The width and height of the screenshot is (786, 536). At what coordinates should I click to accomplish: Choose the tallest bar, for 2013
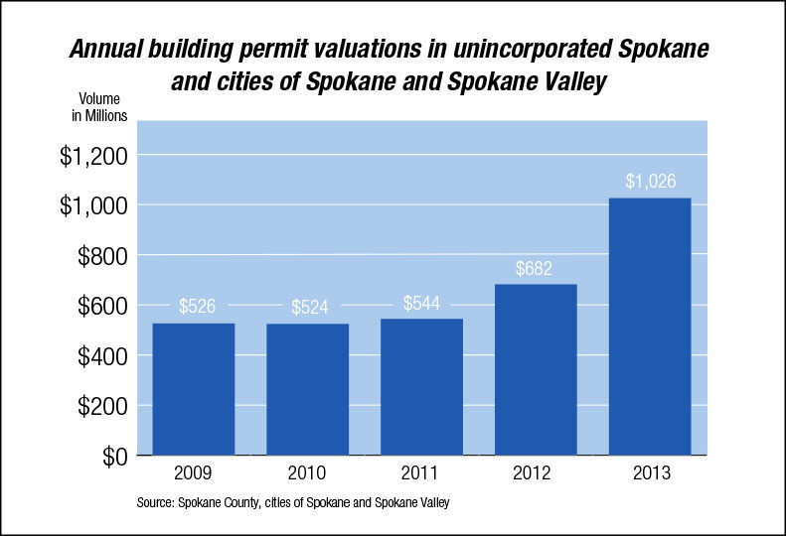[649, 327]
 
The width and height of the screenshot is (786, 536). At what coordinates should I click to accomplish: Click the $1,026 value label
[650, 183]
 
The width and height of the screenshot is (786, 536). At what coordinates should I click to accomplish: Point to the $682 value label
[536, 269]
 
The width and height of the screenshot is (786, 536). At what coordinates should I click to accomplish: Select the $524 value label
[308, 308]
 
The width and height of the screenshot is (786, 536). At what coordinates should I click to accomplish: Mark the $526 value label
[195, 307]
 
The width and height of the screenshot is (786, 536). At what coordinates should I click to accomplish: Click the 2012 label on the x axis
[536, 473]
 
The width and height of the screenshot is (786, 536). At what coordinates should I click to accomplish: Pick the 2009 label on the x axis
[195, 473]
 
